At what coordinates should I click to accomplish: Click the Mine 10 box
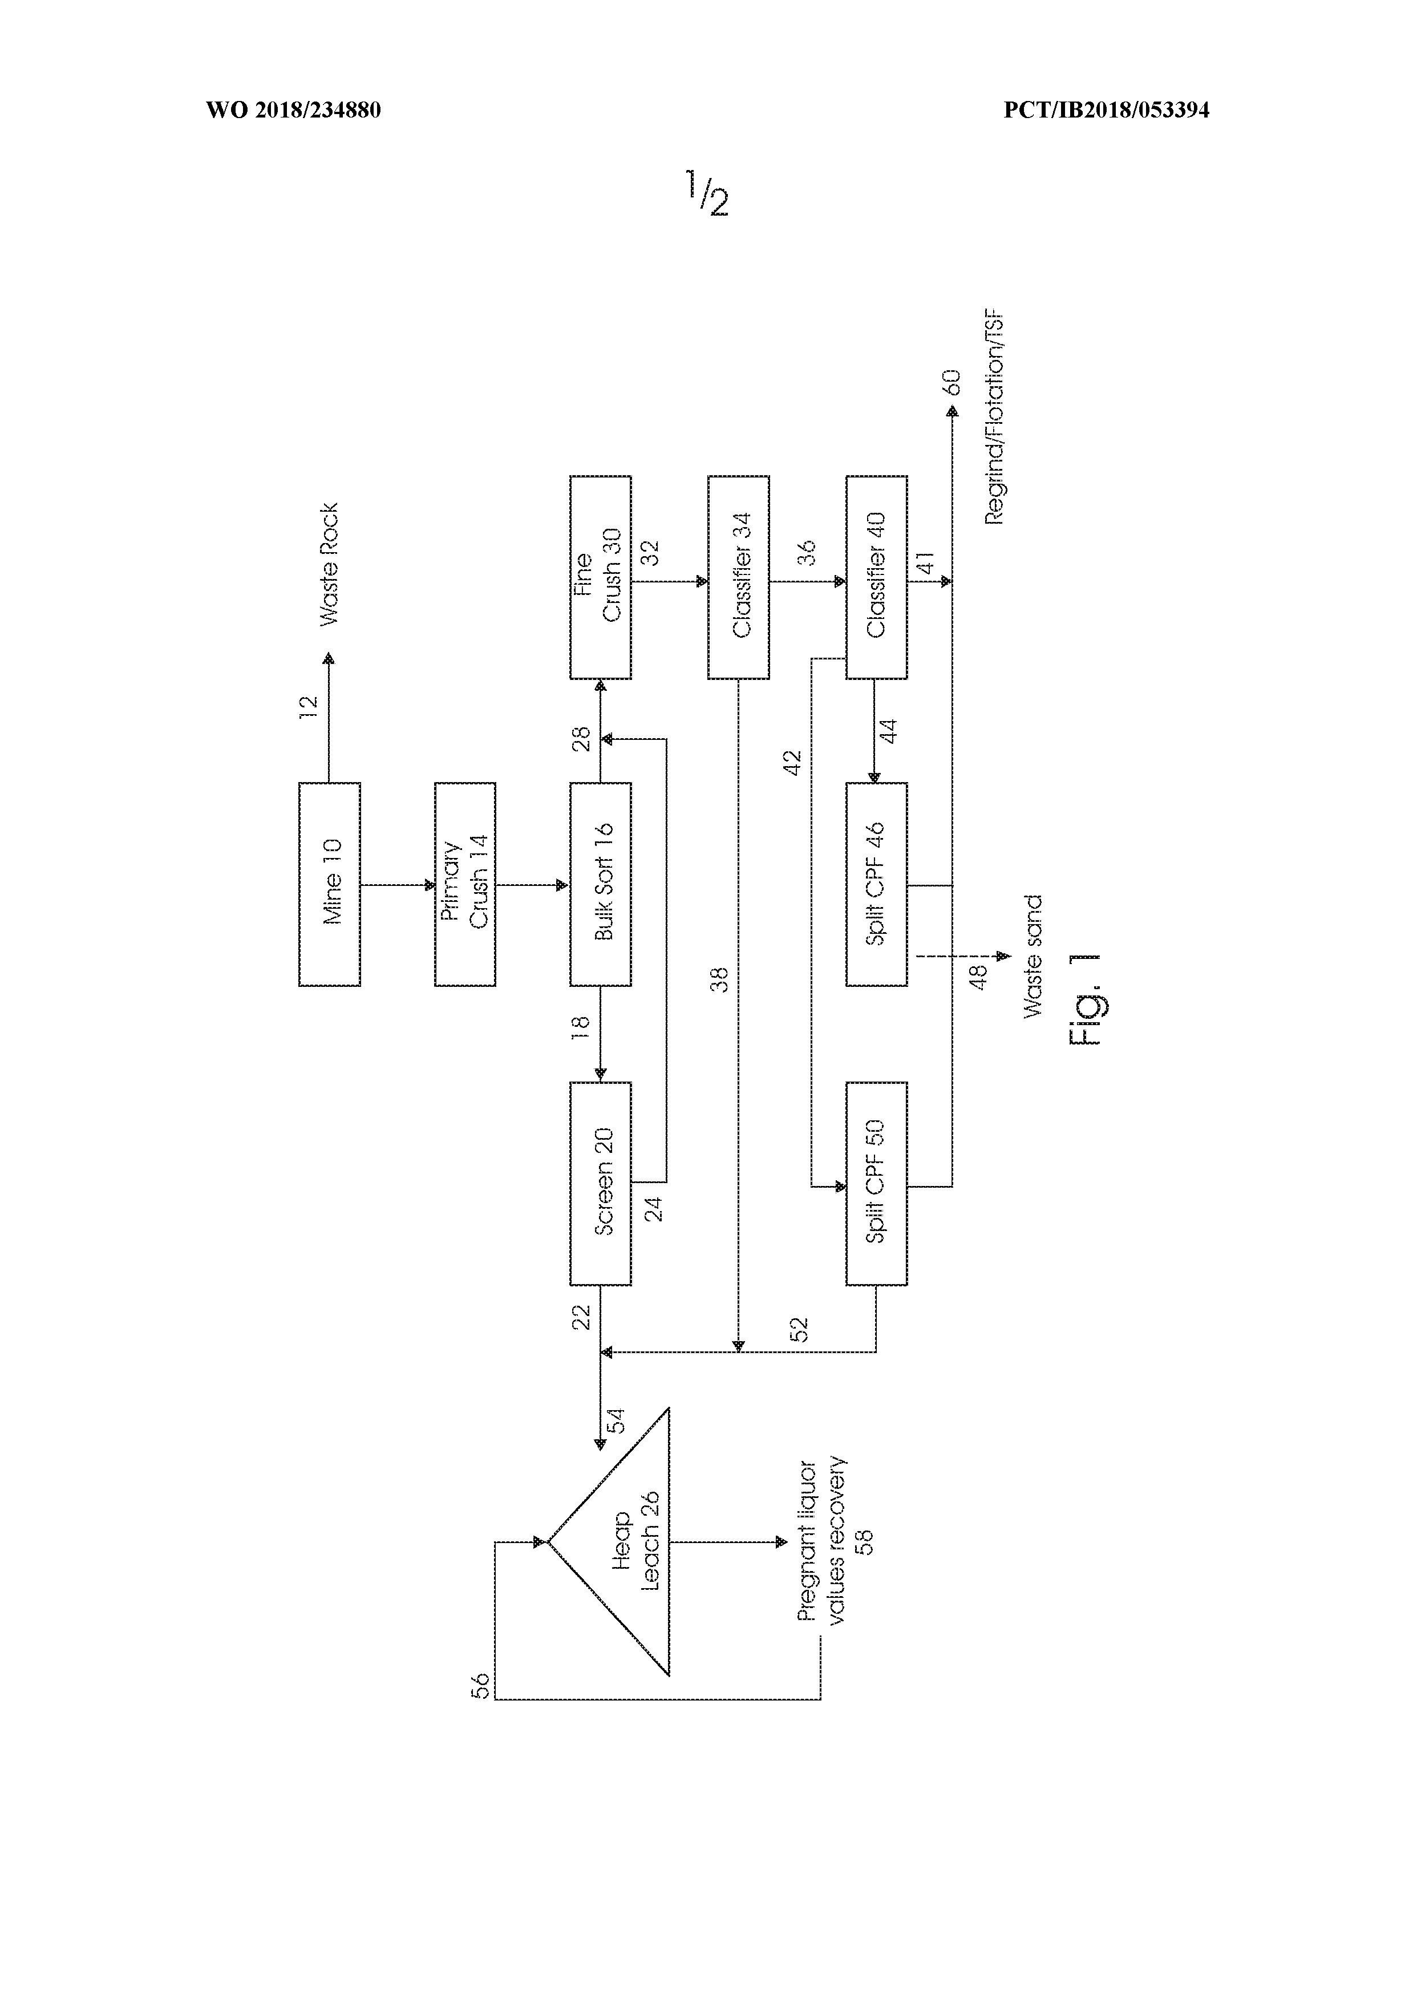329,884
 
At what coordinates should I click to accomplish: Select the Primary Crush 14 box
465,884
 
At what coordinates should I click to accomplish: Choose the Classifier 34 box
738,577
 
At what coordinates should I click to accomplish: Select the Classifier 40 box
876,577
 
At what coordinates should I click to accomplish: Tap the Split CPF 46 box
876,884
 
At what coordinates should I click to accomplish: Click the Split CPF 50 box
876,1184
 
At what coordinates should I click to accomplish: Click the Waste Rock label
329,564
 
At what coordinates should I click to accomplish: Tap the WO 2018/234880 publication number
294,110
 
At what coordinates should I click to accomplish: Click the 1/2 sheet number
706,193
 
